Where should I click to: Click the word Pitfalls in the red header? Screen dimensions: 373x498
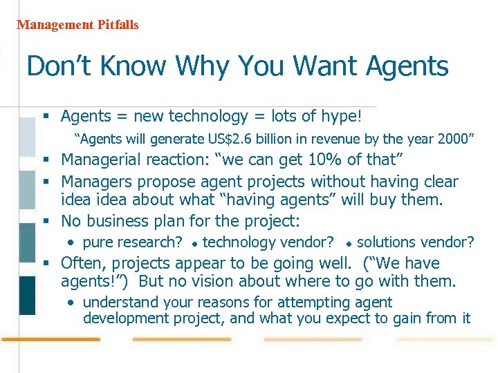pos(118,25)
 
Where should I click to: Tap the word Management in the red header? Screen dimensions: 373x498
pos(55,25)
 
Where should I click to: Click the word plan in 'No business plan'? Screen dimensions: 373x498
pos(183,221)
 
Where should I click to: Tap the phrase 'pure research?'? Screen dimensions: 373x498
pos(132,242)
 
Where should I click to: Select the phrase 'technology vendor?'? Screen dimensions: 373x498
pos(268,242)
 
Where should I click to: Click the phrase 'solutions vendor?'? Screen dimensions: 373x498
pos(415,242)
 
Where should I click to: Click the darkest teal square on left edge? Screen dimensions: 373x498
pos(27,295)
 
